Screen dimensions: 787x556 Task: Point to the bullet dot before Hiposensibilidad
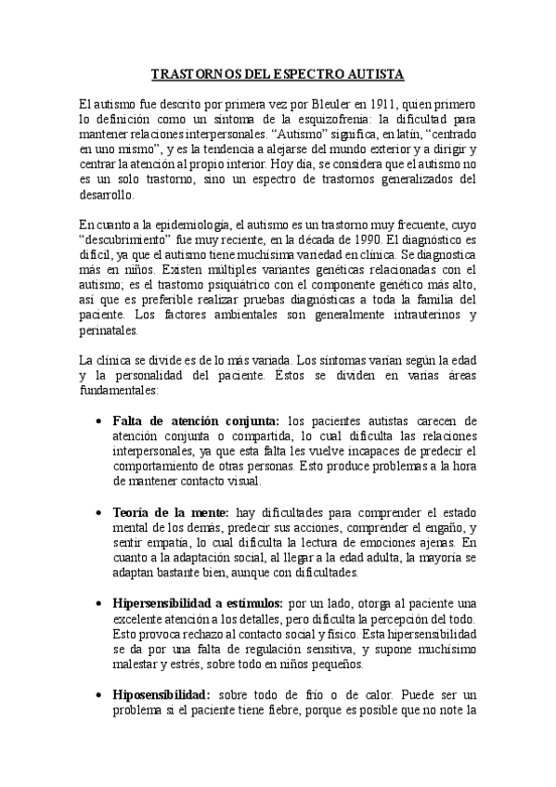click(x=99, y=694)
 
